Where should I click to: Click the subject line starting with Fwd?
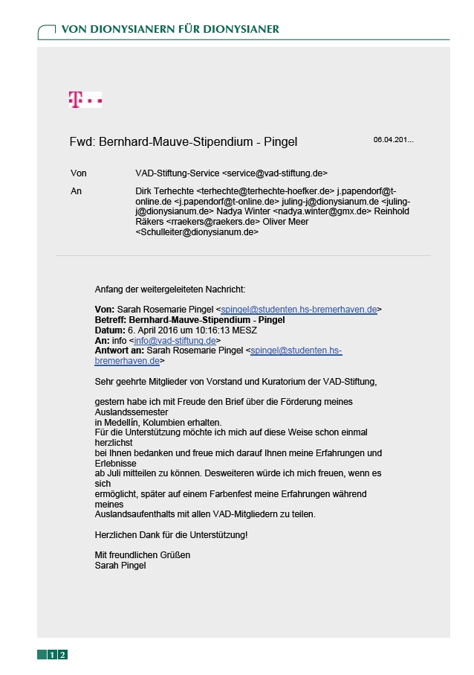click(183, 141)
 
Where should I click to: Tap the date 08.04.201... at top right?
click(393, 139)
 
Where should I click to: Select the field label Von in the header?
click(78, 173)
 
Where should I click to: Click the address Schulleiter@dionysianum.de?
click(197, 231)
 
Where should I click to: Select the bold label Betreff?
click(111, 319)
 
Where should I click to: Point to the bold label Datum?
click(110, 330)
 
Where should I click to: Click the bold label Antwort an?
click(120, 350)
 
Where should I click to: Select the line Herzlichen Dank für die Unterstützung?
click(171, 534)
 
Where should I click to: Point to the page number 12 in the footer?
click(57, 655)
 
